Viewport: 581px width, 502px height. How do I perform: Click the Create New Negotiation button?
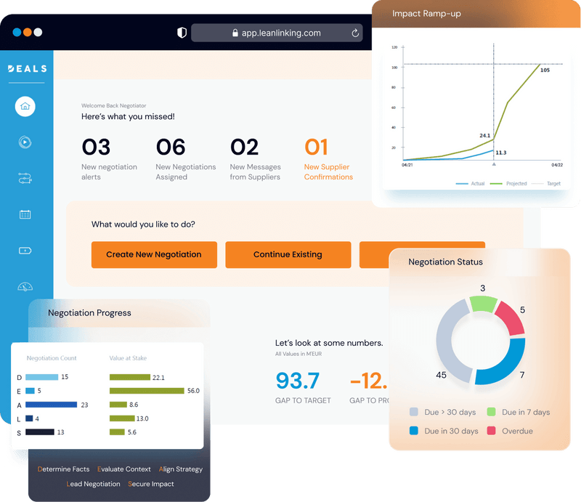154,254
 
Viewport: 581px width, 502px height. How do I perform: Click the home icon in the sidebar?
25,106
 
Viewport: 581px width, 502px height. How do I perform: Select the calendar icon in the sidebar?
25,214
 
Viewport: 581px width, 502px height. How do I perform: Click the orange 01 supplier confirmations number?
317,147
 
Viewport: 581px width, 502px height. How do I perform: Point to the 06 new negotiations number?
171,147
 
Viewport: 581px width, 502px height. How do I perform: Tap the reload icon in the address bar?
355,33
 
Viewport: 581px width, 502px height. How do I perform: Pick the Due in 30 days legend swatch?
414,431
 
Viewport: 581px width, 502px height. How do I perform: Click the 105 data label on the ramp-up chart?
545,70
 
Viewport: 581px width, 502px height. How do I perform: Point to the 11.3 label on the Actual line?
501,153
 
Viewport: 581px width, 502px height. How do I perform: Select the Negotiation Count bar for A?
51,405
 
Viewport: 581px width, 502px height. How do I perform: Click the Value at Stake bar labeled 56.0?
147,391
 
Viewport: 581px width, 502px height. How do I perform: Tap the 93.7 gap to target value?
298,380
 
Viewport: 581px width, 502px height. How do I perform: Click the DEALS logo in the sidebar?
27,69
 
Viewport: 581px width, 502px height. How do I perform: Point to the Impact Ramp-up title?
426,14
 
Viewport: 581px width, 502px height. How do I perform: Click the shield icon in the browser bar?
182,33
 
